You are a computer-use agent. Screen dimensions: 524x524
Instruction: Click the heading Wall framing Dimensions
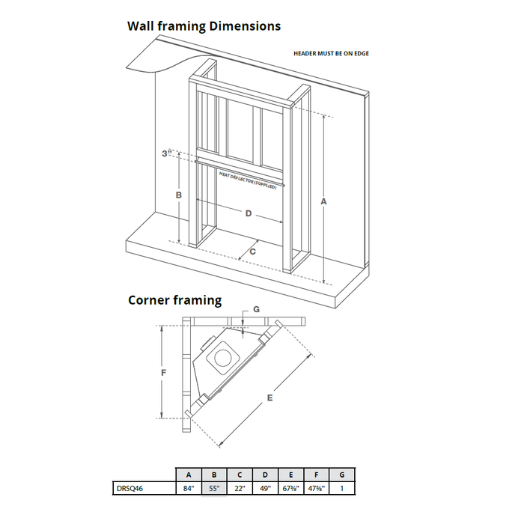tap(204, 26)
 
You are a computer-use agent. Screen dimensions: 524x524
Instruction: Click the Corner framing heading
tap(174, 300)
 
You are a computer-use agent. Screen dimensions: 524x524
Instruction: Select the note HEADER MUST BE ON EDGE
tap(331, 54)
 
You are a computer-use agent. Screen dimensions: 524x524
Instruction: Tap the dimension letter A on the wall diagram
tap(323, 201)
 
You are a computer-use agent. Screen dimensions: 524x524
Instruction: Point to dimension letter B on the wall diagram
tap(178, 195)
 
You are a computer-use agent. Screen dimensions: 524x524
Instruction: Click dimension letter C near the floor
tap(252, 252)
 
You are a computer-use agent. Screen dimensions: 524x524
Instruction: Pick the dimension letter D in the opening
tap(249, 214)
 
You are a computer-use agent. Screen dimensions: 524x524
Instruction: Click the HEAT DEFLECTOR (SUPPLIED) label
tap(247, 180)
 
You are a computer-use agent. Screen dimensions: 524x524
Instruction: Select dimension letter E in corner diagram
tap(269, 398)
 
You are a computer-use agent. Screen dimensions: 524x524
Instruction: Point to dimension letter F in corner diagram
tap(162, 372)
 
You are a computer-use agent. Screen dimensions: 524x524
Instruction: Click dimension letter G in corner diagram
tap(256, 308)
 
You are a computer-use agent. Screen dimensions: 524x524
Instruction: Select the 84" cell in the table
tap(189, 489)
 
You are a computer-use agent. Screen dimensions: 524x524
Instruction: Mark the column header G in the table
tap(341, 475)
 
